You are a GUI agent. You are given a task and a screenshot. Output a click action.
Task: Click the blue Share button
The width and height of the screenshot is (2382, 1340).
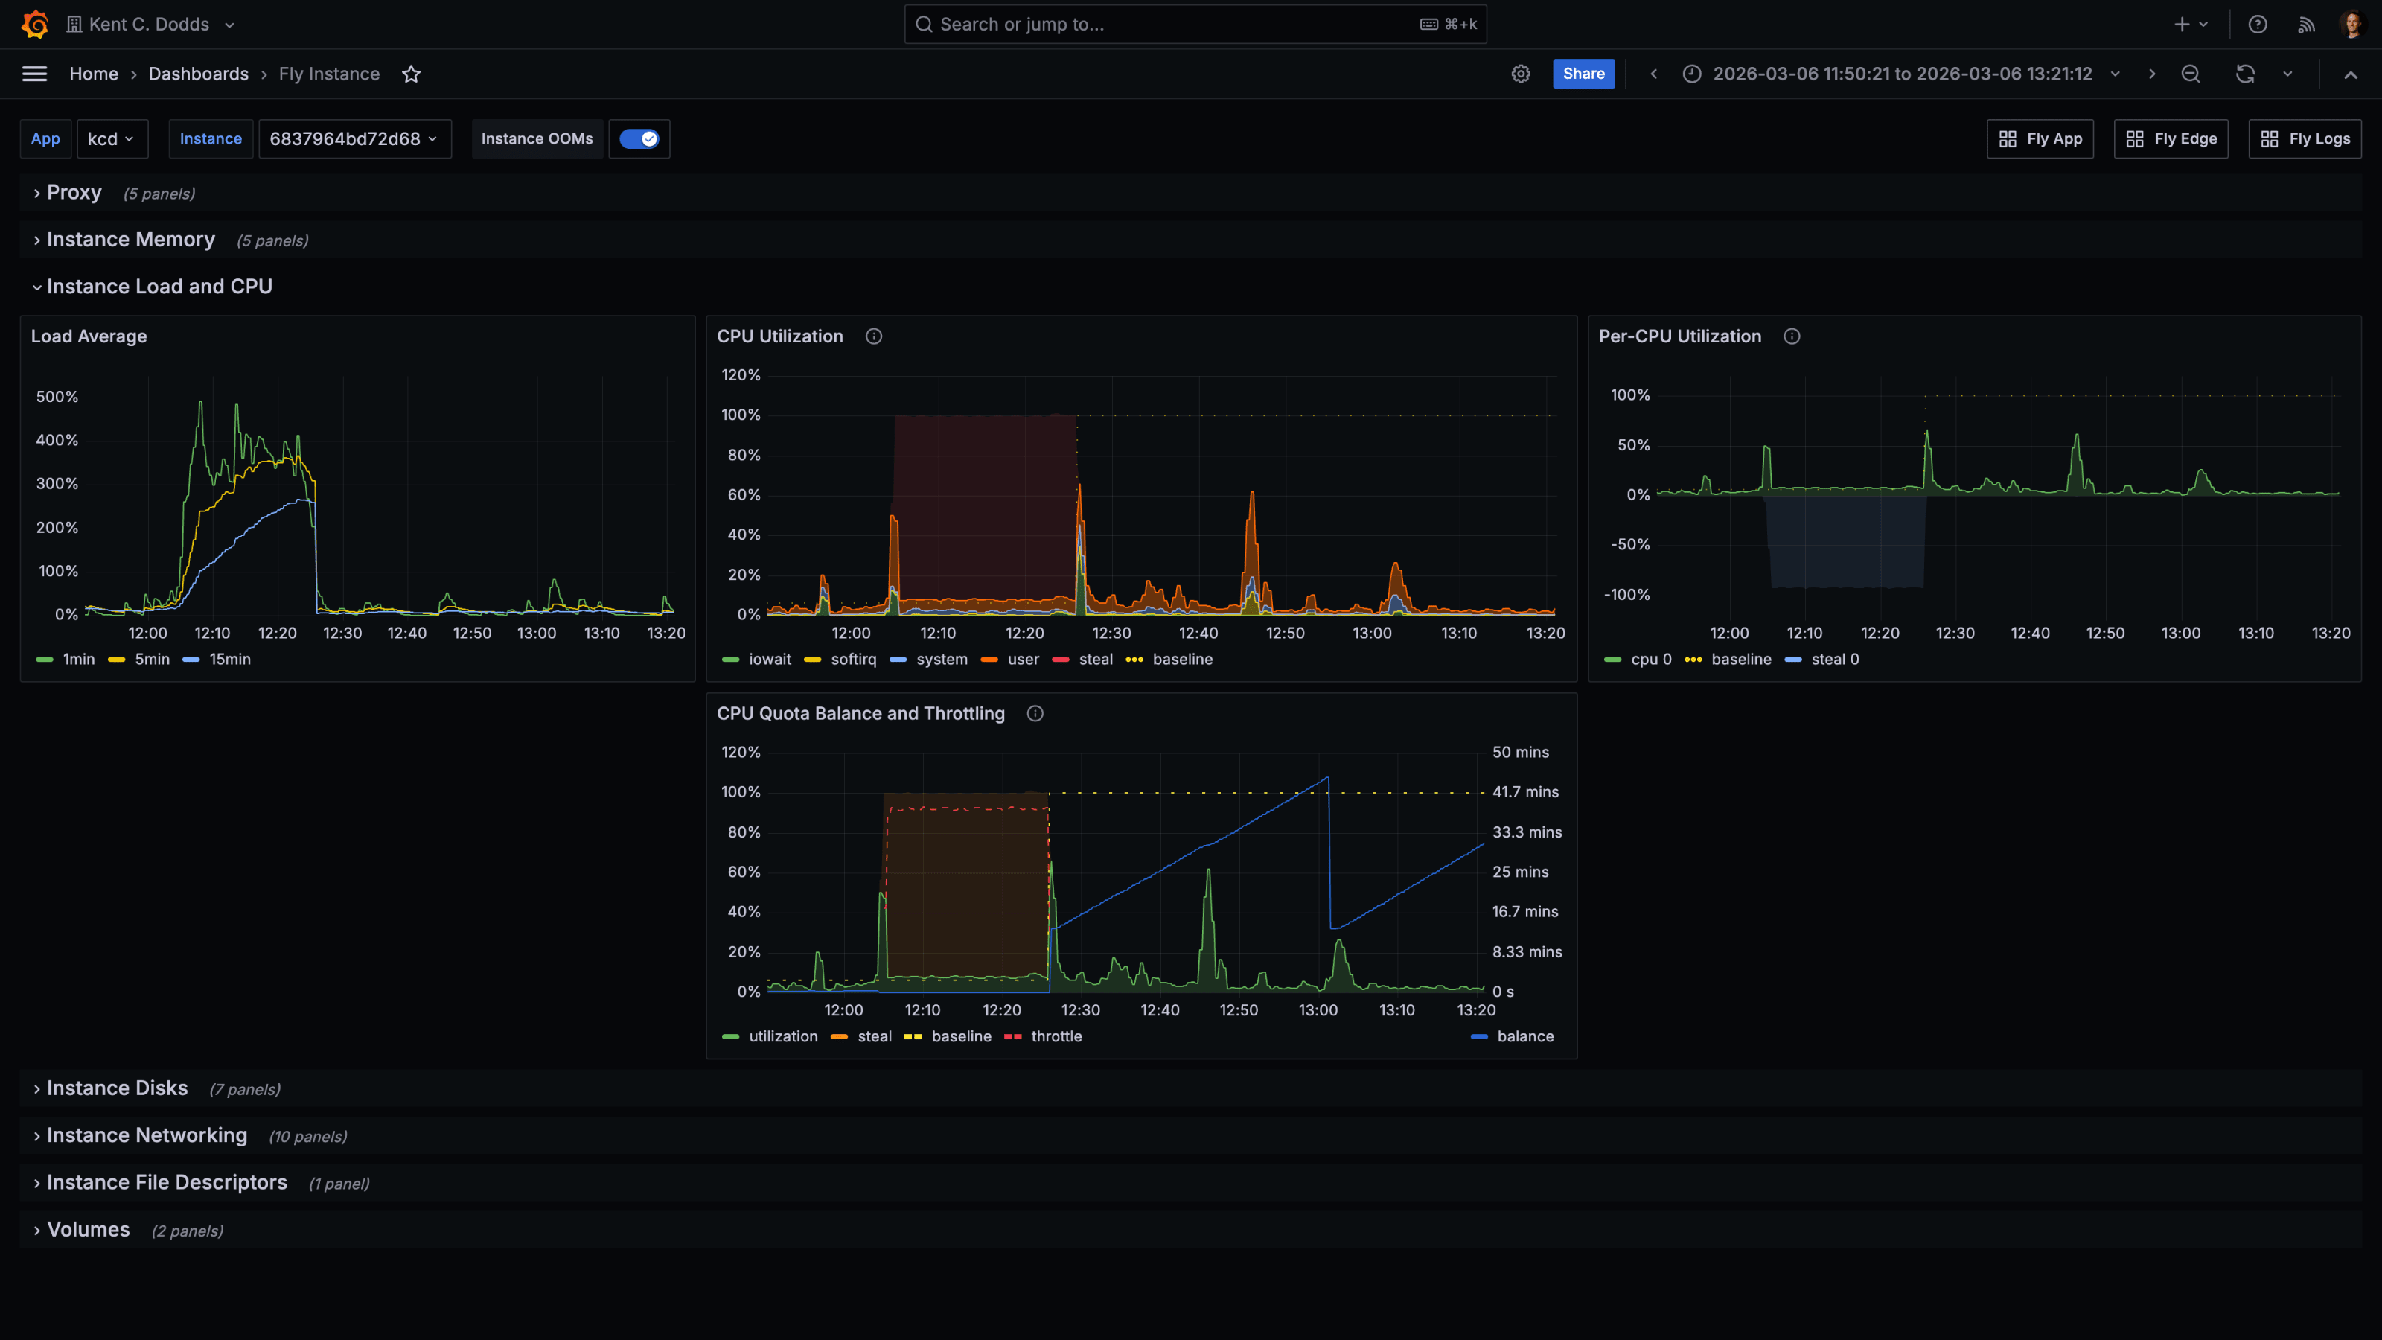(x=1583, y=74)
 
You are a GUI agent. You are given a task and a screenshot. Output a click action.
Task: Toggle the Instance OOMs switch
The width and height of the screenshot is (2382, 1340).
(x=639, y=138)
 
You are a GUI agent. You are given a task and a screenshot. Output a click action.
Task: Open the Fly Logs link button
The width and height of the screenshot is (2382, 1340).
(x=2305, y=138)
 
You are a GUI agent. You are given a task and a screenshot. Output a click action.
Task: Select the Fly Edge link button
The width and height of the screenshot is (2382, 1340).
(x=2171, y=138)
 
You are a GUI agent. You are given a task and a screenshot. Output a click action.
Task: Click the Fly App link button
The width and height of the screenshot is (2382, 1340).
(x=2040, y=138)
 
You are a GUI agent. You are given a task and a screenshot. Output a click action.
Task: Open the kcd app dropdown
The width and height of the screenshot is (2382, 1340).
(x=111, y=138)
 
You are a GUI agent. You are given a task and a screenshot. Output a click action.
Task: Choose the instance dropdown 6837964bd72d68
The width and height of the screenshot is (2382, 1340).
(x=354, y=138)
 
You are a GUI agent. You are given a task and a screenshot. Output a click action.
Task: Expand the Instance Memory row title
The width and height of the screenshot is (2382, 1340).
(x=130, y=240)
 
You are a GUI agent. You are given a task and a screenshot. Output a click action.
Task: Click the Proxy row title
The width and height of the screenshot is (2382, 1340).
(x=74, y=192)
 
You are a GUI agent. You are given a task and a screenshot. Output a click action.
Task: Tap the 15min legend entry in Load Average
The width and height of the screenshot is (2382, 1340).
(x=229, y=660)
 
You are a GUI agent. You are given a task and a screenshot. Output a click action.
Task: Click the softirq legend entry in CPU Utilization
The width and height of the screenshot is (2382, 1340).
(x=852, y=660)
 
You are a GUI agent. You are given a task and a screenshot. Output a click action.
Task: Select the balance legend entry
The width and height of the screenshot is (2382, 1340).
(x=1524, y=1037)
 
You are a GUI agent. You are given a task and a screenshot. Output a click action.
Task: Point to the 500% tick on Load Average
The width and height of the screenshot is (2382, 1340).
(x=57, y=397)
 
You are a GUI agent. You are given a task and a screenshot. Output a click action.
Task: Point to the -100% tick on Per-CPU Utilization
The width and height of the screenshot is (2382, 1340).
(x=1626, y=595)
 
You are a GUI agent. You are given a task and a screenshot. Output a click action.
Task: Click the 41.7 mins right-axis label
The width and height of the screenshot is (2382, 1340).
(x=1524, y=793)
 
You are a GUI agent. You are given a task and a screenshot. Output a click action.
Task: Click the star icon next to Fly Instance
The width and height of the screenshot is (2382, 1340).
(x=412, y=74)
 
